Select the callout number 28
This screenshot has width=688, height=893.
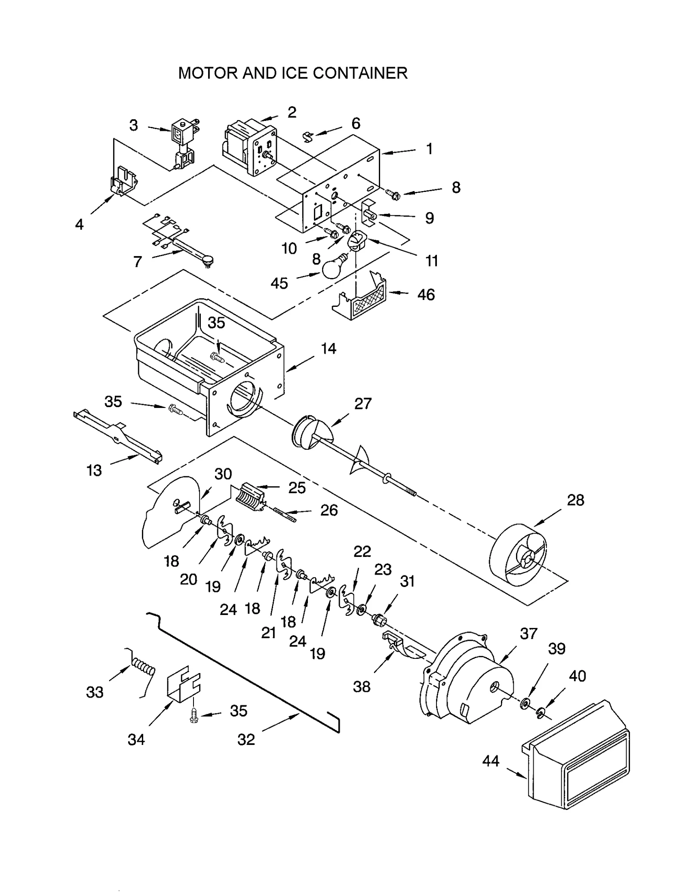point(575,500)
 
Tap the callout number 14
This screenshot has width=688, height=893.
point(329,349)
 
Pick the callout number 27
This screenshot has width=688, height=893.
point(362,404)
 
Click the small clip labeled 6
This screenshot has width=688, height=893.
point(308,137)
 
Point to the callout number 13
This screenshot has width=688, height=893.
point(94,470)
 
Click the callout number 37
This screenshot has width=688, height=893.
point(528,634)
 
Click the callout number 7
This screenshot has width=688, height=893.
point(138,261)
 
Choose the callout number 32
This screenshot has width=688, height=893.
point(246,739)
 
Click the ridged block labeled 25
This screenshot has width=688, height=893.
point(251,497)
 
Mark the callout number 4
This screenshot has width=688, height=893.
point(79,224)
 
